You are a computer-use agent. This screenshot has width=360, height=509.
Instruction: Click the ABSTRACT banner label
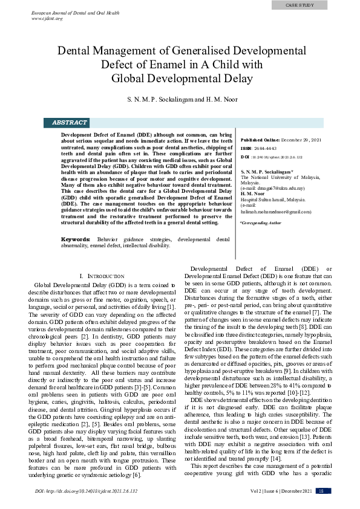pos(70,122)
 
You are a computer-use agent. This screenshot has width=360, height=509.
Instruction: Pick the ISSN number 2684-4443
pos(266,148)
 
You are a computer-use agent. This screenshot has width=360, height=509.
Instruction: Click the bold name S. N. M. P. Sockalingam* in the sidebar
pos(267,172)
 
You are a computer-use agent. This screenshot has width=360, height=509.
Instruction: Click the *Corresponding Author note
pos(261,223)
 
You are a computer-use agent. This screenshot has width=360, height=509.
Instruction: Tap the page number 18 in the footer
pos(321,491)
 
